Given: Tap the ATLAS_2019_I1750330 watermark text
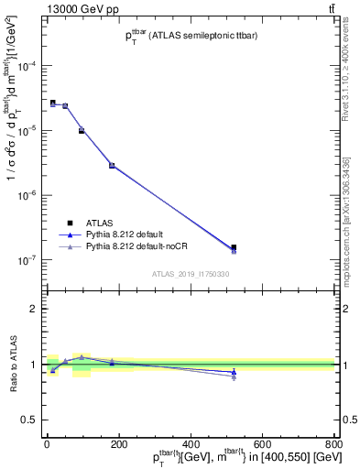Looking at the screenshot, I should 190,274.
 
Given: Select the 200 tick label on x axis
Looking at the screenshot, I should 118,445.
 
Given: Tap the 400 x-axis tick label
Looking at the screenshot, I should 191,445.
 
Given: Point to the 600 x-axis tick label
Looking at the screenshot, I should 263,445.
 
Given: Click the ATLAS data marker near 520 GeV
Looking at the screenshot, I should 234,247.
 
